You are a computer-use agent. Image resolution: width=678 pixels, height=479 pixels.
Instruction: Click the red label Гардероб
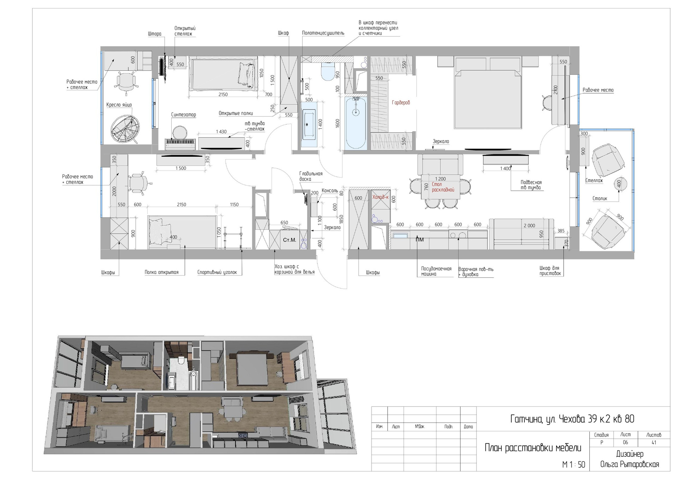coord(401,103)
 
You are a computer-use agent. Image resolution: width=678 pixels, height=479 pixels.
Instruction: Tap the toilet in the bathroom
coord(328,71)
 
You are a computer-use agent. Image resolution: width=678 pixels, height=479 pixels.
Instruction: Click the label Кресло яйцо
coord(119,105)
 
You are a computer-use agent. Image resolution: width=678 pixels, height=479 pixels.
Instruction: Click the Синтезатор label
coord(184,115)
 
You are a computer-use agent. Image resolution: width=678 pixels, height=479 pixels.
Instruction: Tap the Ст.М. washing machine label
coord(290,240)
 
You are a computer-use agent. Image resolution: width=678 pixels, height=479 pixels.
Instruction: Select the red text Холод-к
coord(381,197)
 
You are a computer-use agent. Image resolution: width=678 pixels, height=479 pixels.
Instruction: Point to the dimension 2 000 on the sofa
coord(529,226)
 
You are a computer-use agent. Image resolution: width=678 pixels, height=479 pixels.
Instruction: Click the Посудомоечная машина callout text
coord(436,271)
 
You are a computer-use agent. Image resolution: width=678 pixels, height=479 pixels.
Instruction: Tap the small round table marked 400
coord(619,184)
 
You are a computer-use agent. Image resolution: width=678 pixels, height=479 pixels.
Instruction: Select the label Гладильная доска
coord(311,176)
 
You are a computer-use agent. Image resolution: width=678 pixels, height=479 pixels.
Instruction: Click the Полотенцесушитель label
coord(323,33)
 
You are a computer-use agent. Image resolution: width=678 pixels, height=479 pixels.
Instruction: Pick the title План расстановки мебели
coord(533,448)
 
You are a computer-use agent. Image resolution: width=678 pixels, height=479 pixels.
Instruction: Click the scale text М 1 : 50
coord(574,465)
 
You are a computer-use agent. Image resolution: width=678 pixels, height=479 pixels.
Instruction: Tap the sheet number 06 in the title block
coord(625,442)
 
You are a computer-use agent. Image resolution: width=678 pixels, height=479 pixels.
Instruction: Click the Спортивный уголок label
coord(217,273)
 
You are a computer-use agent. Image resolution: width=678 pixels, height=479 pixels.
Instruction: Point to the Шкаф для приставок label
coord(550,271)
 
